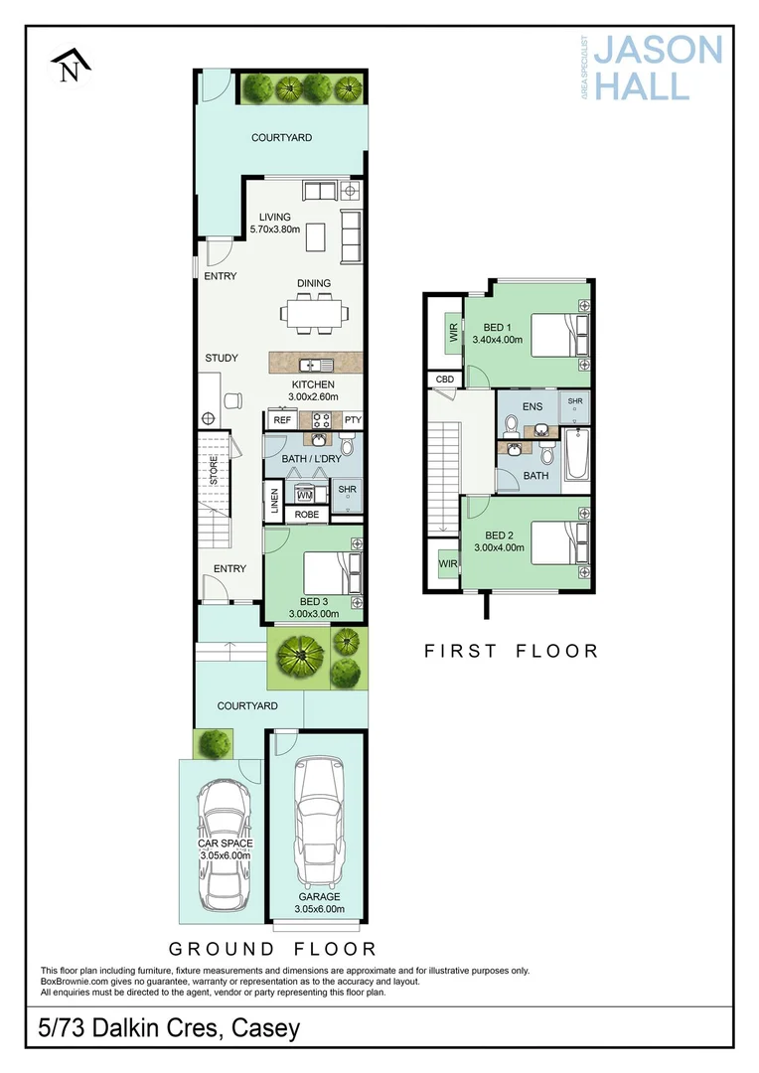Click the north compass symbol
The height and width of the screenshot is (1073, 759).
pyautogui.click(x=70, y=67)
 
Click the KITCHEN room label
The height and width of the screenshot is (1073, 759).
pyautogui.click(x=313, y=384)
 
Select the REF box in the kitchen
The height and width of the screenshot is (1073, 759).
pyautogui.click(x=282, y=420)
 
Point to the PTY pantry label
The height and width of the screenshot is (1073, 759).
pyautogui.click(x=352, y=420)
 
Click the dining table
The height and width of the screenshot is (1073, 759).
pyautogui.click(x=313, y=314)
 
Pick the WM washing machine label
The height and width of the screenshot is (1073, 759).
pyautogui.click(x=305, y=494)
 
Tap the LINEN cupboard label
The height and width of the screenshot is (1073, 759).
pyautogui.click(x=273, y=501)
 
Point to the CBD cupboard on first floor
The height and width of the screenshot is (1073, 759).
pyautogui.click(x=444, y=380)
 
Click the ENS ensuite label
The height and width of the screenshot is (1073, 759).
pyautogui.click(x=532, y=405)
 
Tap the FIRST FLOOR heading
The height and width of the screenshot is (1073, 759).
pyautogui.click(x=511, y=651)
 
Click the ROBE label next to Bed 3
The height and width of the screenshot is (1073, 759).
pyautogui.click(x=307, y=516)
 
